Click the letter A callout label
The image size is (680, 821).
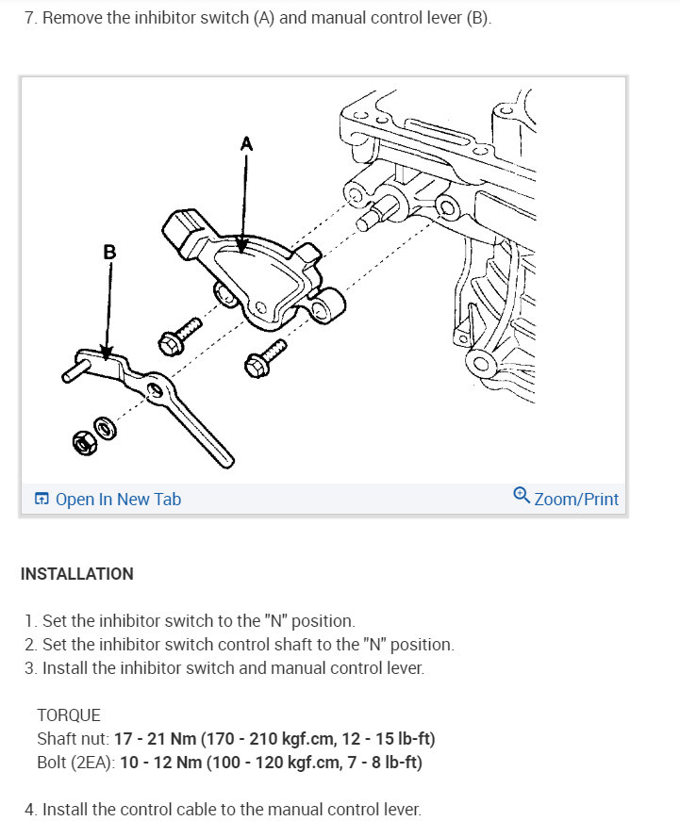tap(246, 143)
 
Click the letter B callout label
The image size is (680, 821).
tap(109, 252)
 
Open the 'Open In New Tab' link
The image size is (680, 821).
tap(118, 500)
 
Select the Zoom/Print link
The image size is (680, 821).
tap(576, 499)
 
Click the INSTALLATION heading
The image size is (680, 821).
tap(76, 574)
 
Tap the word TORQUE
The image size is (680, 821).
tap(69, 714)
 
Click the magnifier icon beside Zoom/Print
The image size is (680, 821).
tap(522, 496)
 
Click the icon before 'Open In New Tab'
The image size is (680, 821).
tap(41, 500)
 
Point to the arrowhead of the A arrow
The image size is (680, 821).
tap(242, 251)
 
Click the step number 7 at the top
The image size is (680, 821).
tap(30, 19)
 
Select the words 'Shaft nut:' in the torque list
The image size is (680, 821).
tap(72, 738)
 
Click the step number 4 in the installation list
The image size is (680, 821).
tap(30, 809)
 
